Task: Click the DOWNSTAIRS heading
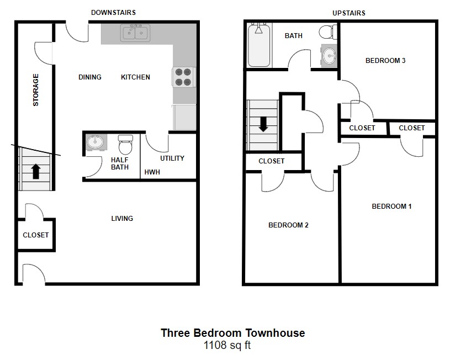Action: (113, 13)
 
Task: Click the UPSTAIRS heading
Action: (349, 13)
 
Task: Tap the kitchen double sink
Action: (135, 33)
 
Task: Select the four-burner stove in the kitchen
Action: (184, 77)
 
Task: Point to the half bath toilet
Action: (125, 145)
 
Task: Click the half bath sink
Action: (96, 142)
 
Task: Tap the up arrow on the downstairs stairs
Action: (36, 171)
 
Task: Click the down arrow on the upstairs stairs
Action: (263, 124)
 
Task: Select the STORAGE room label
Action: (35, 90)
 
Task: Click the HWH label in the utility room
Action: (152, 172)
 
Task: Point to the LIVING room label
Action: (122, 219)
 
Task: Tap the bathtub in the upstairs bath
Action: (259, 45)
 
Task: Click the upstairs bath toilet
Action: (328, 32)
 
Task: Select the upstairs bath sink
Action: (329, 56)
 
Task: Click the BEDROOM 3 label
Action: (385, 61)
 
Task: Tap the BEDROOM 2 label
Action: (288, 225)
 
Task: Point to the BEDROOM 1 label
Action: (391, 207)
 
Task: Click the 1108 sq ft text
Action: (227, 345)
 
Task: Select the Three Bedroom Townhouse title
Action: (233, 333)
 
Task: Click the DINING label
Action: (90, 77)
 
